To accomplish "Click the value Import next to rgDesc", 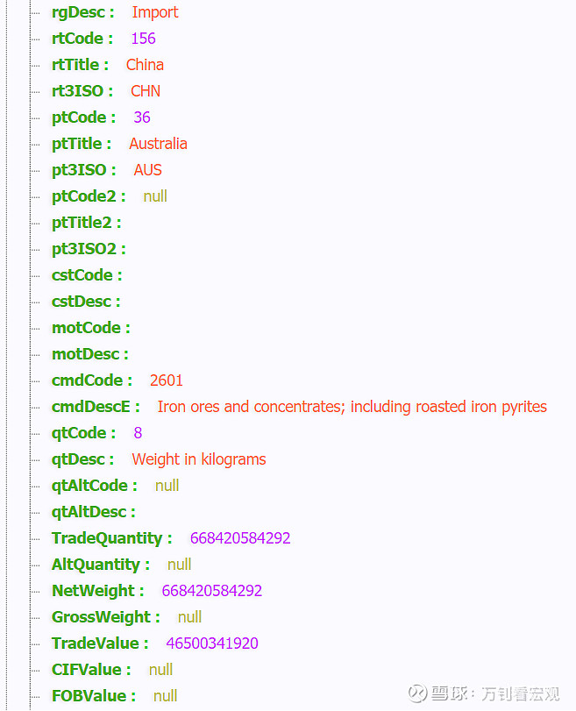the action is [x=155, y=12].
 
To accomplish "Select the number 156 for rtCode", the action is [x=143, y=39].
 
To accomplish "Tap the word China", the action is [x=145, y=65].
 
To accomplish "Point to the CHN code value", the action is [x=146, y=91].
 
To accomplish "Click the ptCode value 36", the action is [x=142, y=117].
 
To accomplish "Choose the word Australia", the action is [x=159, y=144].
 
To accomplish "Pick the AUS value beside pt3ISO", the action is [x=148, y=170].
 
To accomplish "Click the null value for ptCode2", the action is [x=155, y=196].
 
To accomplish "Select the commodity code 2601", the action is [x=167, y=380].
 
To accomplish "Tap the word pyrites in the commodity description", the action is [x=524, y=408].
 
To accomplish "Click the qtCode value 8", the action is [x=138, y=433].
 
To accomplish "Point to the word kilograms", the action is [x=233, y=459].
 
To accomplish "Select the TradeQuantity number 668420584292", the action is [x=240, y=538].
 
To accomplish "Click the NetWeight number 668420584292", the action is [x=212, y=591].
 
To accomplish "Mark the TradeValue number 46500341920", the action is [x=212, y=643].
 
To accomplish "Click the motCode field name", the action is [x=86, y=328].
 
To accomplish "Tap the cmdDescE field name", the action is [x=90, y=407].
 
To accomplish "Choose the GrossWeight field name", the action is [x=101, y=617].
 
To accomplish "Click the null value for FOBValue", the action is [x=165, y=696].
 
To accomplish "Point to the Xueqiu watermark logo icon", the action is [x=417, y=693].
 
